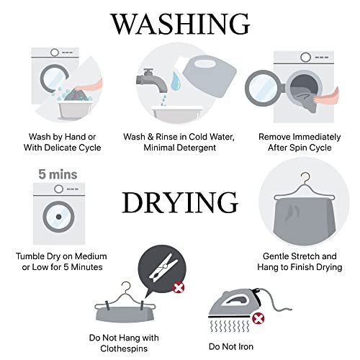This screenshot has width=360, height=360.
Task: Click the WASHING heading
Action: (180, 24)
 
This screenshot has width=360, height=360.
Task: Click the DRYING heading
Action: (180, 202)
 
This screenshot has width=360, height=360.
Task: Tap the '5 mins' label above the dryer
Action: (58, 174)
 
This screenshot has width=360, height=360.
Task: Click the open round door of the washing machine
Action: (264, 88)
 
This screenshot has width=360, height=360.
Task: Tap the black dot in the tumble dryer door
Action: (58, 217)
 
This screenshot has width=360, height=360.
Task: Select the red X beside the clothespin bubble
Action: (179, 287)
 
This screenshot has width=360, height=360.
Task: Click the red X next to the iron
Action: (258, 319)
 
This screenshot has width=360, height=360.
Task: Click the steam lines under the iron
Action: (230, 326)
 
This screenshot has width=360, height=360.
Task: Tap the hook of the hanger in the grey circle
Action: (306, 178)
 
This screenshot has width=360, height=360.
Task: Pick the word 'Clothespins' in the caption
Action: (124, 348)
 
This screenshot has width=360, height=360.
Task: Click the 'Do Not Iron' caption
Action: (231, 346)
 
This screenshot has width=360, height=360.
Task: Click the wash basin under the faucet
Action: (178, 114)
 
